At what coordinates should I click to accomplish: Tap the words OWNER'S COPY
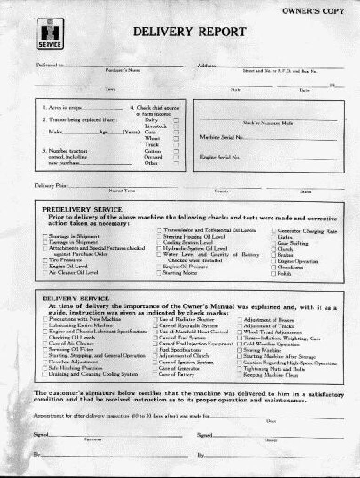(314, 11)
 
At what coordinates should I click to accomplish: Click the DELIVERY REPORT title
(189, 32)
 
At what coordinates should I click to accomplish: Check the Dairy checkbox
(176, 120)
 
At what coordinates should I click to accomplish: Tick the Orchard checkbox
(176, 157)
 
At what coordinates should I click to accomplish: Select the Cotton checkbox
(176, 151)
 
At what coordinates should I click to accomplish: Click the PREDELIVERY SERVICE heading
(82, 210)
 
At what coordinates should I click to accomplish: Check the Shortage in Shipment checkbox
(45, 236)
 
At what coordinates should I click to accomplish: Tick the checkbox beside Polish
(273, 274)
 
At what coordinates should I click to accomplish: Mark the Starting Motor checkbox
(159, 273)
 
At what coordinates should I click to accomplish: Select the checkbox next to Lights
(273, 237)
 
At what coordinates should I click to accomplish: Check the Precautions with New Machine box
(45, 320)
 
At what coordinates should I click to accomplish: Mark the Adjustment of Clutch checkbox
(155, 356)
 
